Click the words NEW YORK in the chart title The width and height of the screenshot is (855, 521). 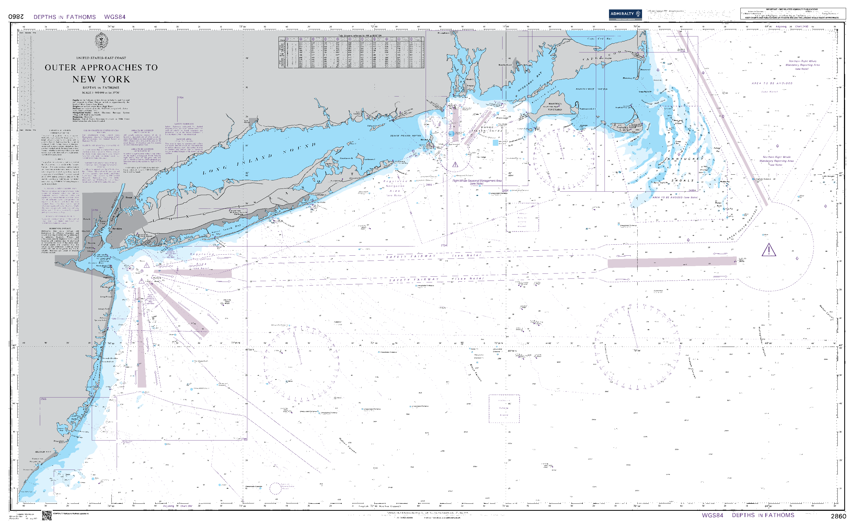coord(101,79)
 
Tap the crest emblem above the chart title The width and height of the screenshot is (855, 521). coord(101,41)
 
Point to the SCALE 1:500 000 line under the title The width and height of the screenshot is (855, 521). coord(101,93)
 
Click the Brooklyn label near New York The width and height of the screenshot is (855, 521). coord(117,229)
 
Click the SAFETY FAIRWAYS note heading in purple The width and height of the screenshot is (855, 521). coord(184,124)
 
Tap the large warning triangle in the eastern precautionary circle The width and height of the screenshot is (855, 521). coord(769,250)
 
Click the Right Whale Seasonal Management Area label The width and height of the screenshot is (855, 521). coord(477,181)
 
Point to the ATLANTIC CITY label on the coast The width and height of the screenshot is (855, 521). coord(43,452)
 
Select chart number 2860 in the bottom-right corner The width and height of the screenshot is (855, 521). coord(838,516)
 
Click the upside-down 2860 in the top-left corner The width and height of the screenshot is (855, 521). coord(16,17)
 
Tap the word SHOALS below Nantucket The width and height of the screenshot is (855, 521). coord(682,180)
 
